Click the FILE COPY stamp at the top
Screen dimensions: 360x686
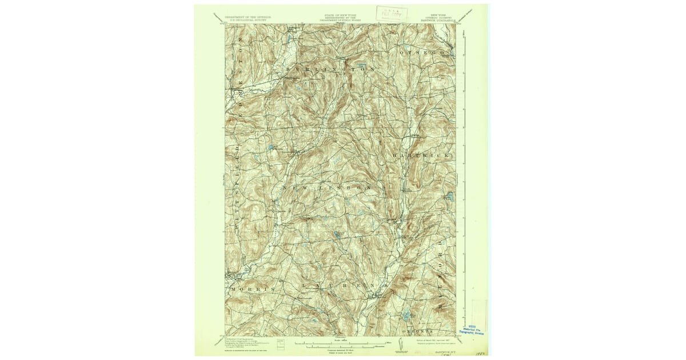[392, 13]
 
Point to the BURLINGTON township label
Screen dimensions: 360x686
[331, 69]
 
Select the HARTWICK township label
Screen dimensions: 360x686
[422, 155]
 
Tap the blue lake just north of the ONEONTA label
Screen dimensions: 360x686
[406, 314]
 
